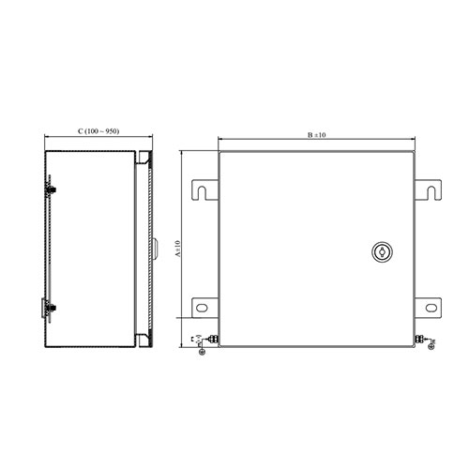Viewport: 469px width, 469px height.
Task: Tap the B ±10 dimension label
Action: coord(316,135)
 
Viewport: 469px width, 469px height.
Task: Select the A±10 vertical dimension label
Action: coord(176,249)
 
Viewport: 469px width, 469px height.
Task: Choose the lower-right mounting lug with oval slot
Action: coord(428,307)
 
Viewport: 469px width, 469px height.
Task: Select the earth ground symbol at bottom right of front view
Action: coord(431,346)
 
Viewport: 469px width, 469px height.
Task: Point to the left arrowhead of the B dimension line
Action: coord(220,142)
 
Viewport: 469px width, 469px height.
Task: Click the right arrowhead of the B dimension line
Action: coord(414,142)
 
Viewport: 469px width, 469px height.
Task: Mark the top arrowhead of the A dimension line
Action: coord(183,153)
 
